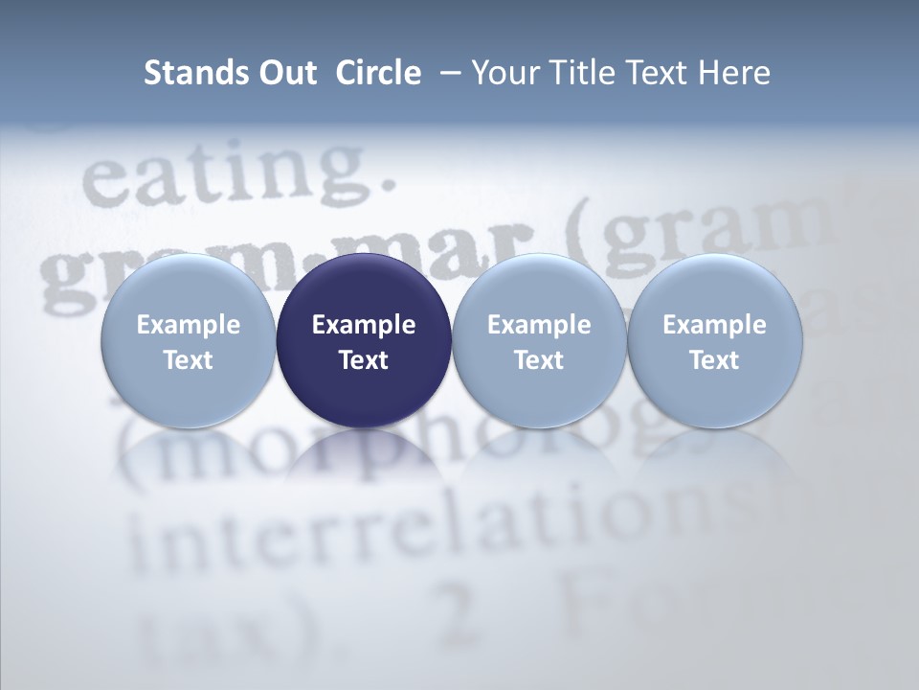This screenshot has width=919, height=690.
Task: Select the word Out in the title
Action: (285, 73)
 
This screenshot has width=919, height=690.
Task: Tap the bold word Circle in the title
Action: (378, 73)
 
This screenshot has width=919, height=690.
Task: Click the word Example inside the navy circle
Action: (364, 325)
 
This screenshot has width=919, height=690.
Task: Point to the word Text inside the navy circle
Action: (364, 360)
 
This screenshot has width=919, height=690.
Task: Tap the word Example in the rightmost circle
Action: (715, 325)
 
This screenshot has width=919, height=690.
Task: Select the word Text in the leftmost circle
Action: (188, 360)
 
